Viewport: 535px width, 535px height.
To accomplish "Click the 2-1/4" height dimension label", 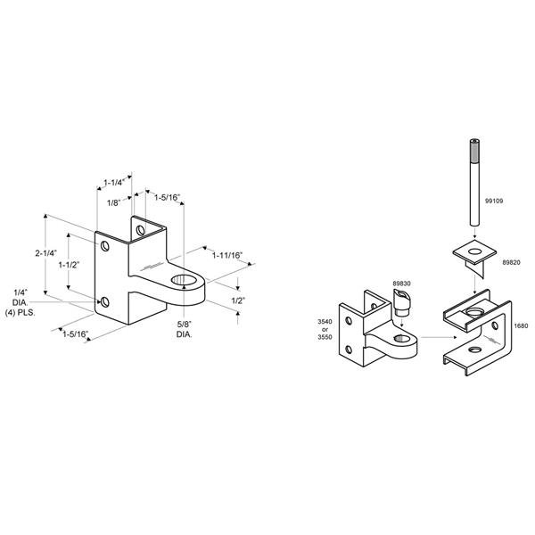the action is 46,253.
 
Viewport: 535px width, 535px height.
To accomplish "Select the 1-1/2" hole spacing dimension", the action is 69,265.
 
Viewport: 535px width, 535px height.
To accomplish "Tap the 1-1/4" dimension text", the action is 114,183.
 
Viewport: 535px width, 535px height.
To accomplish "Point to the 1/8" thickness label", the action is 114,203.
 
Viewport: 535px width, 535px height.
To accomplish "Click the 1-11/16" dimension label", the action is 227,255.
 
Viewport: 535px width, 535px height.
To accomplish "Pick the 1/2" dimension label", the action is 238,300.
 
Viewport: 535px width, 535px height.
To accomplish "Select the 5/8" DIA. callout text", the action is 185,330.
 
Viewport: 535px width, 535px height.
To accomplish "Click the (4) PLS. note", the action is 21,313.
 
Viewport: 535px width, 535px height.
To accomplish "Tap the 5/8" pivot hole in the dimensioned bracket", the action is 184,280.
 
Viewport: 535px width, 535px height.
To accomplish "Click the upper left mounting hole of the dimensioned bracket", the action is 104,246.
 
